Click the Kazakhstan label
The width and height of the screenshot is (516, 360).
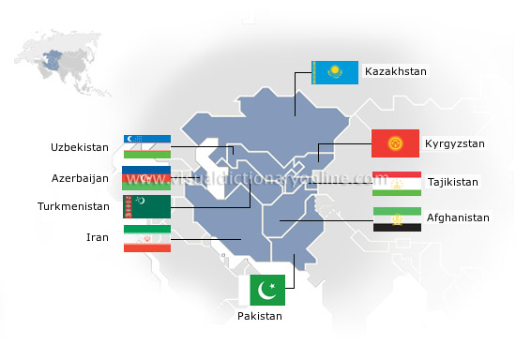(x=395, y=71)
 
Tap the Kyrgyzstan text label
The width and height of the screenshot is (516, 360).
(x=454, y=143)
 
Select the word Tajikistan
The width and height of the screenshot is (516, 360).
(x=453, y=182)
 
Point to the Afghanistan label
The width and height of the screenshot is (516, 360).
(x=458, y=217)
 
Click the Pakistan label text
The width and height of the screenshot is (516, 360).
(x=259, y=317)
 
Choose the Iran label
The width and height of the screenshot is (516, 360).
(x=98, y=237)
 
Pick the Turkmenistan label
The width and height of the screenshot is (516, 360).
(x=73, y=206)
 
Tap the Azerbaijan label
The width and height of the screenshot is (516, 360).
(x=80, y=177)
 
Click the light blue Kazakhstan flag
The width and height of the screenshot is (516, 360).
(x=334, y=72)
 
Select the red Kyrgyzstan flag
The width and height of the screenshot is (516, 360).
(x=395, y=143)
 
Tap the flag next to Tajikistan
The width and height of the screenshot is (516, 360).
(x=396, y=182)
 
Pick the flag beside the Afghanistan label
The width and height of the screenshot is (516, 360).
(x=396, y=219)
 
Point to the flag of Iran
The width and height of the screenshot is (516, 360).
(x=146, y=237)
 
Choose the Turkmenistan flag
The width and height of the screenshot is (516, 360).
(x=146, y=206)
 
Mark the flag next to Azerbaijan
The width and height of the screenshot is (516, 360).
(x=146, y=176)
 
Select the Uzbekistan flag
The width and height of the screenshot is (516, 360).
(x=146, y=146)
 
